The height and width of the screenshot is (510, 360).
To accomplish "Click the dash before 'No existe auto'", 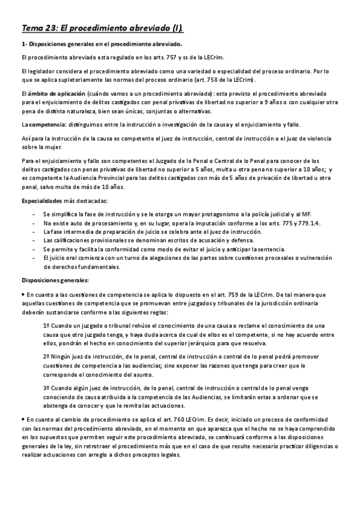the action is [x=35, y=224].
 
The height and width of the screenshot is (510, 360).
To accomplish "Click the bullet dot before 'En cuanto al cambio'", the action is [x=23, y=417].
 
